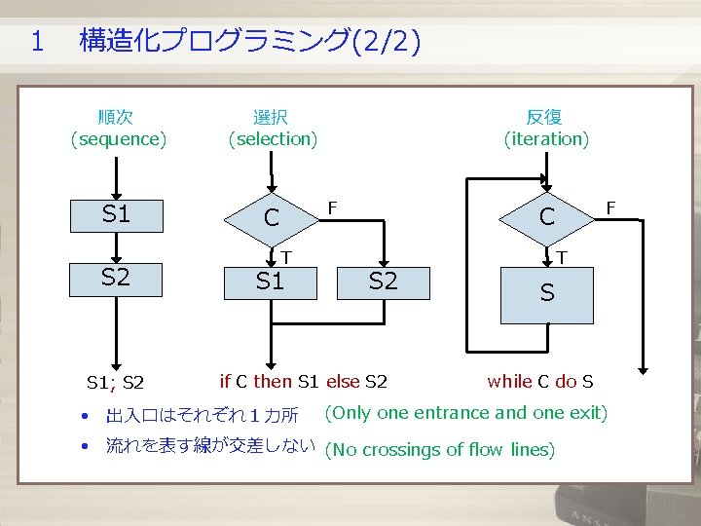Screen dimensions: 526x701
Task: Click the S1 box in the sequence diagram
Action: coord(117,215)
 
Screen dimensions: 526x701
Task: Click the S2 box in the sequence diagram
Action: coord(117,278)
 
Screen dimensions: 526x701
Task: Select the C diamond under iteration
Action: coord(546,217)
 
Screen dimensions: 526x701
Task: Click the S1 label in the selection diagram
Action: coord(270,282)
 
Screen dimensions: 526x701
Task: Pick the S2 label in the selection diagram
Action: coord(384,282)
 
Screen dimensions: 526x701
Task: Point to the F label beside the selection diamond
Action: coord(333,207)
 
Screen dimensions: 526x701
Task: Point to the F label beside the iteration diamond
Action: coord(611,207)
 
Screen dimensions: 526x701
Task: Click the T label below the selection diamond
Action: coord(287,257)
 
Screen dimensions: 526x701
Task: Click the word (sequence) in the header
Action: coord(118,139)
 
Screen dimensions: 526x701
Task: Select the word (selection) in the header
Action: coord(273,139)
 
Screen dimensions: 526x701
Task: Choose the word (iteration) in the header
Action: coord(546,139)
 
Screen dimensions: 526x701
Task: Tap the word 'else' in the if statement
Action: coord(343,381)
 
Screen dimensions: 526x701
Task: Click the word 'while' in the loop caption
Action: coord(509,381)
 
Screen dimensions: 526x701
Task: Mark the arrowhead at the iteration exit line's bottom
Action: coord(644,369)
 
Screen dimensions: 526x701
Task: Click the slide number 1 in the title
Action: coord(37,41)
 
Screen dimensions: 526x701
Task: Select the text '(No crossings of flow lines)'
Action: coord(440,449)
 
